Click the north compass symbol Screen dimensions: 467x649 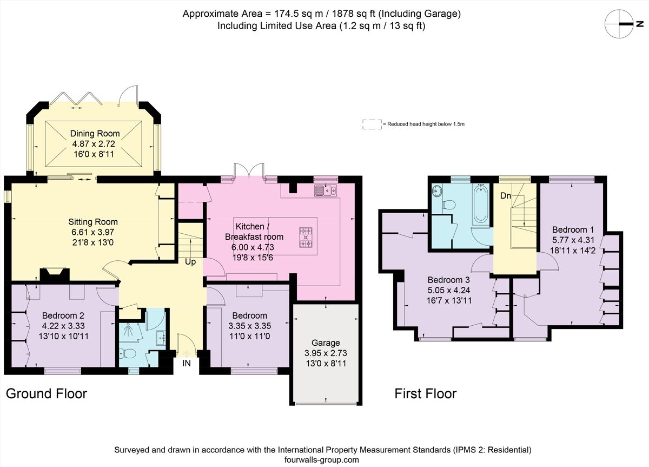point(621,24)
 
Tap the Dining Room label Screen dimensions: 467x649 point(95,134)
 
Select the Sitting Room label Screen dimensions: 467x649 point(92,222)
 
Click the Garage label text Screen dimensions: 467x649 point(326,343)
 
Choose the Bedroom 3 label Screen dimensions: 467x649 point(448,280)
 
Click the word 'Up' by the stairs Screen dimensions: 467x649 point(191,261)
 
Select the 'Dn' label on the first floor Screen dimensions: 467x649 point(505,196)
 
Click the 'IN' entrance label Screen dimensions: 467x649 point(186,364)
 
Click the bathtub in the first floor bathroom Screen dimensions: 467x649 point(481,204)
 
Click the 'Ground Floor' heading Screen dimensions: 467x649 point(46,393)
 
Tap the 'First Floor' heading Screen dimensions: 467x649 point(425,393)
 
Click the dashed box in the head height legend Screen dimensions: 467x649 point(372,124)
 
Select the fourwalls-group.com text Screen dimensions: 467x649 point(322,460)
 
